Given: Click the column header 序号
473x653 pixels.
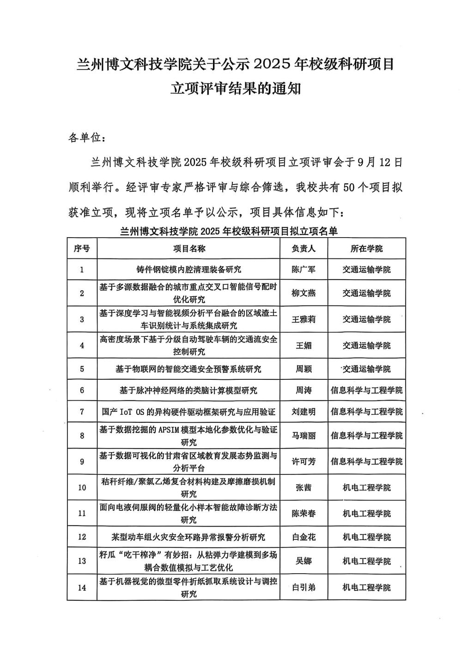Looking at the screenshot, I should [82, 249].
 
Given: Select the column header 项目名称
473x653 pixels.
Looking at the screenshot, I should [188, 249].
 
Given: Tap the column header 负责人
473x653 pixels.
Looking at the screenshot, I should [303, 249].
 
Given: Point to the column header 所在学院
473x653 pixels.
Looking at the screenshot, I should [366, 249].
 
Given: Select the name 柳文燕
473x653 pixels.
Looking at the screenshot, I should [303, 293].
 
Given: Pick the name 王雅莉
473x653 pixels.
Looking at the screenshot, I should [303, 319].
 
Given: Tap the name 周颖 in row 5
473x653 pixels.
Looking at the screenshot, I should [303, 369].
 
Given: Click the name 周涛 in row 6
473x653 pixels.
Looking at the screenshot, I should [303, 390].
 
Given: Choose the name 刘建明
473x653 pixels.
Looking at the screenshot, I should [303, 412].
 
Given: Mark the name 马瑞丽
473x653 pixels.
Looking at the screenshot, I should [303, 436].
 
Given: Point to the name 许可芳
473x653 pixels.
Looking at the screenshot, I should [303, 461].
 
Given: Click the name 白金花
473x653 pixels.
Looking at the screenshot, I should [303, 537].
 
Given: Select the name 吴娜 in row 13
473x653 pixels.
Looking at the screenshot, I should [303, 561].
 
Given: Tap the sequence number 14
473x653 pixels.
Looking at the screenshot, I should [82, 587].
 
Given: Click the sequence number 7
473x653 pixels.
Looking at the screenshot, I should [82, 412].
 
